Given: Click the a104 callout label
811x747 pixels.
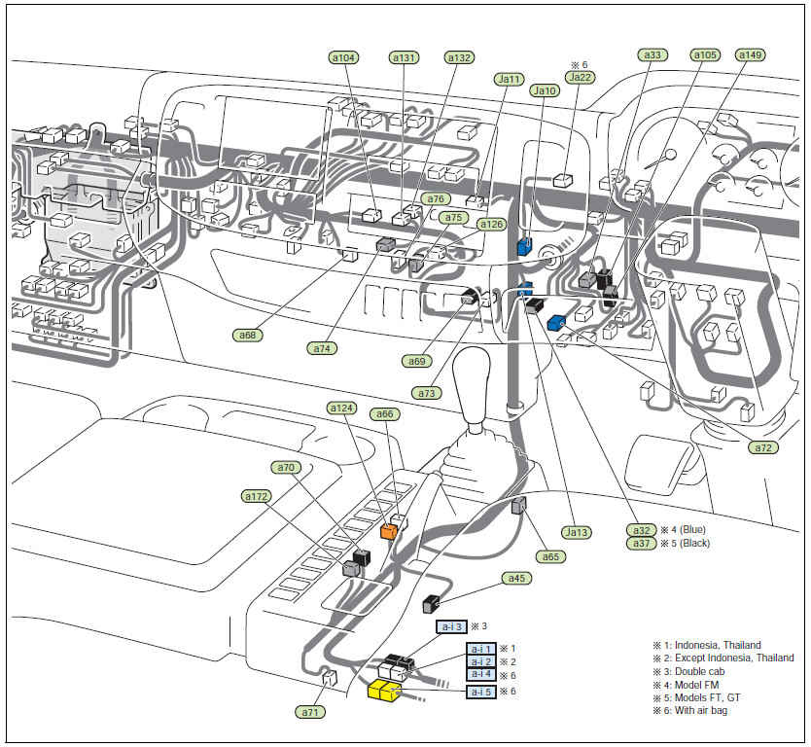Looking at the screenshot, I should (344, 57).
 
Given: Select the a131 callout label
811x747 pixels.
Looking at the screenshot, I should (404, 57).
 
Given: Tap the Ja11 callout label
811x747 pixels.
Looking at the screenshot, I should (509, 79).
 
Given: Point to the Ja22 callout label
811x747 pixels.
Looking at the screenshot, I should (579, 78).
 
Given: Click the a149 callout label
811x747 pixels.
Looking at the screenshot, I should (750, 55).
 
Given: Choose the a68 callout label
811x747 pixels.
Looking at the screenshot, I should (249, 336).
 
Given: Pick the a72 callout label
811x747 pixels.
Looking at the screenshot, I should (764, 447).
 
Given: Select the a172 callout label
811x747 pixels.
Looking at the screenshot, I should (256, 496).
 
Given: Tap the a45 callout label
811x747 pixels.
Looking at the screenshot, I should (515, 578).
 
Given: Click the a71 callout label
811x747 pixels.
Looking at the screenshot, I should (310, 712).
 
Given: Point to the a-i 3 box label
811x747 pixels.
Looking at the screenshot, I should (451, 627).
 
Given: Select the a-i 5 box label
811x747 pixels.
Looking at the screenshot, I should (480, 692).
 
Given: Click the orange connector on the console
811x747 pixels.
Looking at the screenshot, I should (389, 531).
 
